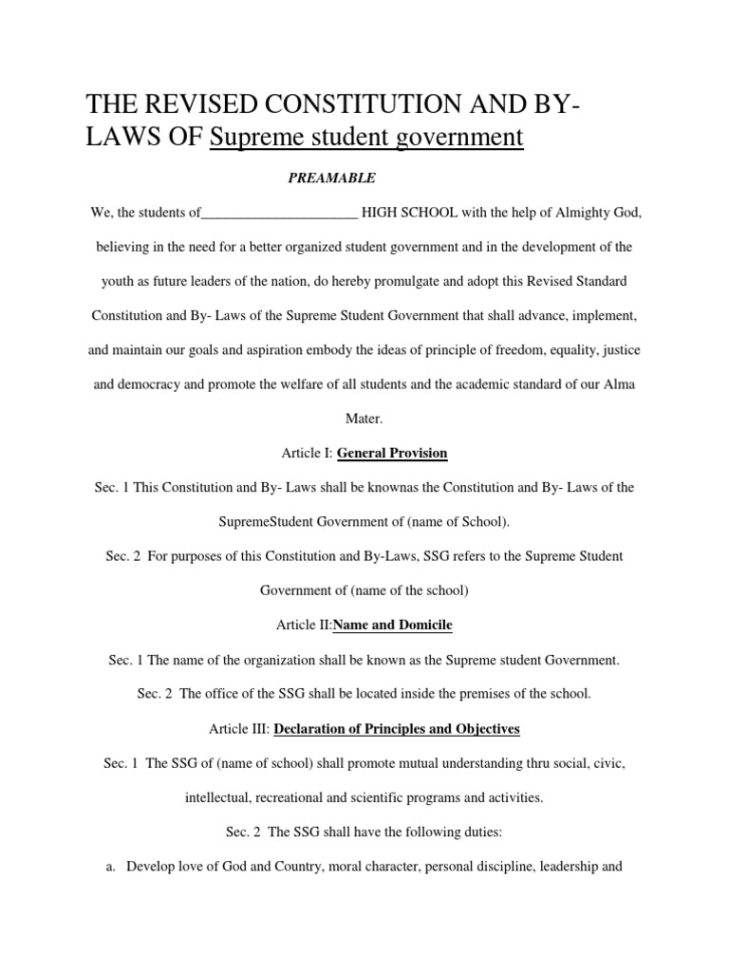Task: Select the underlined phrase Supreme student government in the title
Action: tap(366, 138)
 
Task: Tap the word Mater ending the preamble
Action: tap(364, 418)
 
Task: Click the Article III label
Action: tap(238, 729)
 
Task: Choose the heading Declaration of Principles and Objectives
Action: tap(397, 729)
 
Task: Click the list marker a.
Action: tap(110, 867)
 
